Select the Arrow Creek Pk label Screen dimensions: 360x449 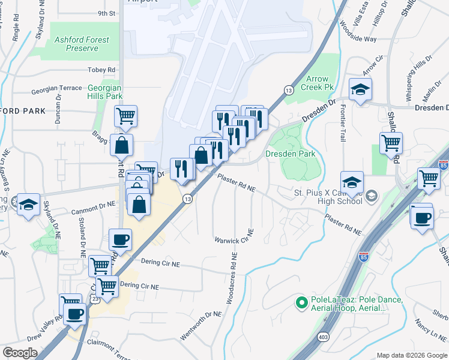pos(318,83)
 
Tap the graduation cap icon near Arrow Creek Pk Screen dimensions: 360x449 pos(360,90)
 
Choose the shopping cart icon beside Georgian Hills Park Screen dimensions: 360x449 pos(125,116)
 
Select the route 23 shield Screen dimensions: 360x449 pos(94,300)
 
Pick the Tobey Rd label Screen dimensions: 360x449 pos(101,70)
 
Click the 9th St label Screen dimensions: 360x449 pos(106,13)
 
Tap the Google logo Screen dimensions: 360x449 pos(20,352)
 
